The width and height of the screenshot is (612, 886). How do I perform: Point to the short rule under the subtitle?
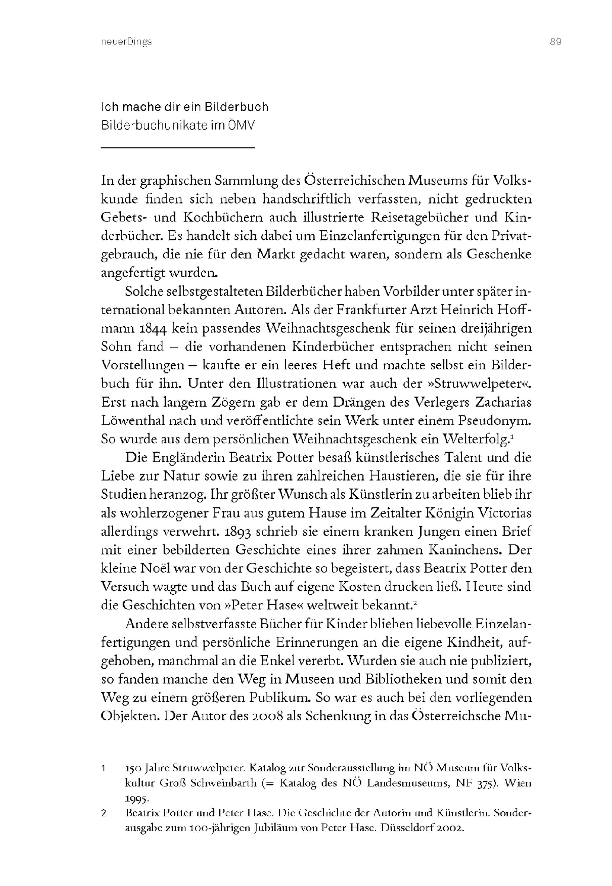(x=177, y=147)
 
